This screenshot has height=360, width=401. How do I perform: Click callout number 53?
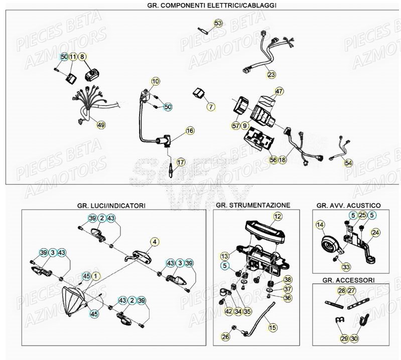pyautogui.click(x=217, y=24)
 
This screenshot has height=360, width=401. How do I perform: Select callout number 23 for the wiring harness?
pyautogui.click(x=272, y=75)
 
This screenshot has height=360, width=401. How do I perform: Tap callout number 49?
pyautogui.click(x=101, y=125)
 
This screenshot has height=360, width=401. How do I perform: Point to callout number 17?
pyautogui.click(x=181, y=162)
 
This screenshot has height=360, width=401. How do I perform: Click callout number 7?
pyautogui.click(x=210, y=106)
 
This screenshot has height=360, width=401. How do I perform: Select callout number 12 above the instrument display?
pyautogui.click(x=277, y=217)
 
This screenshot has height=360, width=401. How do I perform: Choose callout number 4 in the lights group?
pyautogui.click(x=155, y=242)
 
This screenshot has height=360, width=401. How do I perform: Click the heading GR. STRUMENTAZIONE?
pyautogui.click(x=252, y=206)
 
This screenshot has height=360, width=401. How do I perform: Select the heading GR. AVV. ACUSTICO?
pyautogui.click(x=348, y=206)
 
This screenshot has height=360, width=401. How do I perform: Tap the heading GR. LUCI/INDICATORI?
pyautogui.click(x=111, y=206)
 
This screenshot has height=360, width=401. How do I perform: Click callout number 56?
pyautogui.click(x=273, y=160)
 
